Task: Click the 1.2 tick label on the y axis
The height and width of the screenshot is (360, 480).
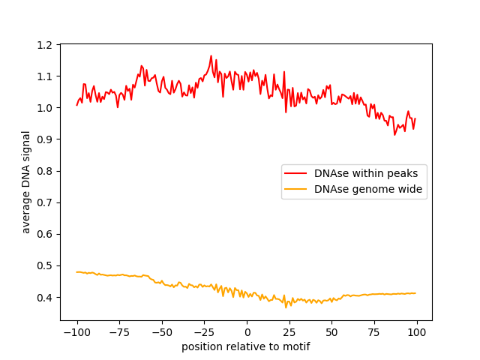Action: (x=45, y=45)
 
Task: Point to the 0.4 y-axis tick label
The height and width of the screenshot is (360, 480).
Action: (x=45, y=297)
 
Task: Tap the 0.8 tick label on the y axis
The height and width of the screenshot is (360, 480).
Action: (x=45, y=171)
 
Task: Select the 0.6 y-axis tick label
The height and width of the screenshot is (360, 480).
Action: (x=45, y=234)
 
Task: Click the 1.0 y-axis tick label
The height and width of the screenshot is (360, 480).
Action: (x=45, y=108)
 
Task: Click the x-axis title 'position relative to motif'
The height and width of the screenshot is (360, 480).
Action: (x=246, y=347)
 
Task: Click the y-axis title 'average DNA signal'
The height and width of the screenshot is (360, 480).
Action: (x=26, y=182)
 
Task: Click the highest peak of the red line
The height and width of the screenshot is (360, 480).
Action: (x=211, y=55)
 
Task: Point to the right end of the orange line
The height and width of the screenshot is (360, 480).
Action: (x=415, y=293)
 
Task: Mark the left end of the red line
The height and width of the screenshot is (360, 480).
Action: (x=76, y=105)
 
